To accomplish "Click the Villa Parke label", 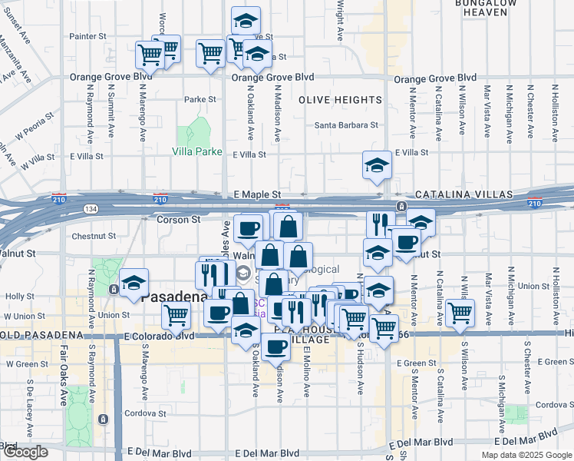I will pyautogui.click(x=196, y=151).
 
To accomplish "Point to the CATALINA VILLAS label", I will pyautogui.click(x=456, y=196).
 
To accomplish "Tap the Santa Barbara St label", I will pyautogui.click(x=347, y=125).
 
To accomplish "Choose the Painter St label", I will pyautogui.click(x=87, y=36).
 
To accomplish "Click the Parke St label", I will pyautogui.click(x=200, y=99).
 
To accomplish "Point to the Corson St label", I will pyautogui.click(x=178, y=219).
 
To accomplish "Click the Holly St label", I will pyautogui.click(x=15, y=295).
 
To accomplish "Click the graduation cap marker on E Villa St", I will pyautogui.click(x=377, y=166).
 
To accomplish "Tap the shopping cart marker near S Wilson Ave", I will pyautogui.click(x=460, y=313).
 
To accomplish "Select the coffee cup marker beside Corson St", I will pyautogui.click(x=248, y=228).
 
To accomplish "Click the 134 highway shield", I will pyautogui.click(x=91, y=209).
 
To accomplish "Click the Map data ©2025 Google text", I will pyautogui.click(x=526, y=455).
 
